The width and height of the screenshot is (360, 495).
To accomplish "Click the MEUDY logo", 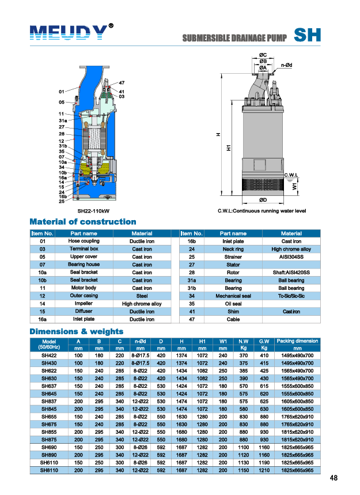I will coord(68,33).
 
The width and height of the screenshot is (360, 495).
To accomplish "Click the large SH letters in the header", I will coord(307,35).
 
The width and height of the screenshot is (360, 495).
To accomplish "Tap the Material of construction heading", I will coord(82,222).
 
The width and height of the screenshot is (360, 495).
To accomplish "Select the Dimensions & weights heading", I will coord(76,331).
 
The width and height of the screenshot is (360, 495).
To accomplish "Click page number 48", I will coord(334,478).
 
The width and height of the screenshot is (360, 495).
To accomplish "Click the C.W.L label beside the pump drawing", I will coord(291,175).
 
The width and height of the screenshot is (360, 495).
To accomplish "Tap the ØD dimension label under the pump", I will coord(263,200).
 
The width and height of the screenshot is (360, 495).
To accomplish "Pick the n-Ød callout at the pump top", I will coord(287,65).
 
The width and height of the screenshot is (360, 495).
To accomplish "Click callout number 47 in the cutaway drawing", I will coord(122,84).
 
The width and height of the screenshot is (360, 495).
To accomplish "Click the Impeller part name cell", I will coord(83,304).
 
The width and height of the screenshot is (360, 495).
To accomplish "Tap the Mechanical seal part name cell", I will coord(233,296).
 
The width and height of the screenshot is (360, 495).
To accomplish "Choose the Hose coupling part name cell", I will coord(84,241).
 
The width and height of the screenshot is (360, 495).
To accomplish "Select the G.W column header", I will coord(264,342).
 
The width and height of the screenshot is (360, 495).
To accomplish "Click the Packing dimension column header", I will coord(297,341).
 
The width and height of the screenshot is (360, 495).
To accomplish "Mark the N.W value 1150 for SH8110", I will coord(244,471).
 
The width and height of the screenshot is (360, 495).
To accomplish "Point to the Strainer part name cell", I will coord(233,257).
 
